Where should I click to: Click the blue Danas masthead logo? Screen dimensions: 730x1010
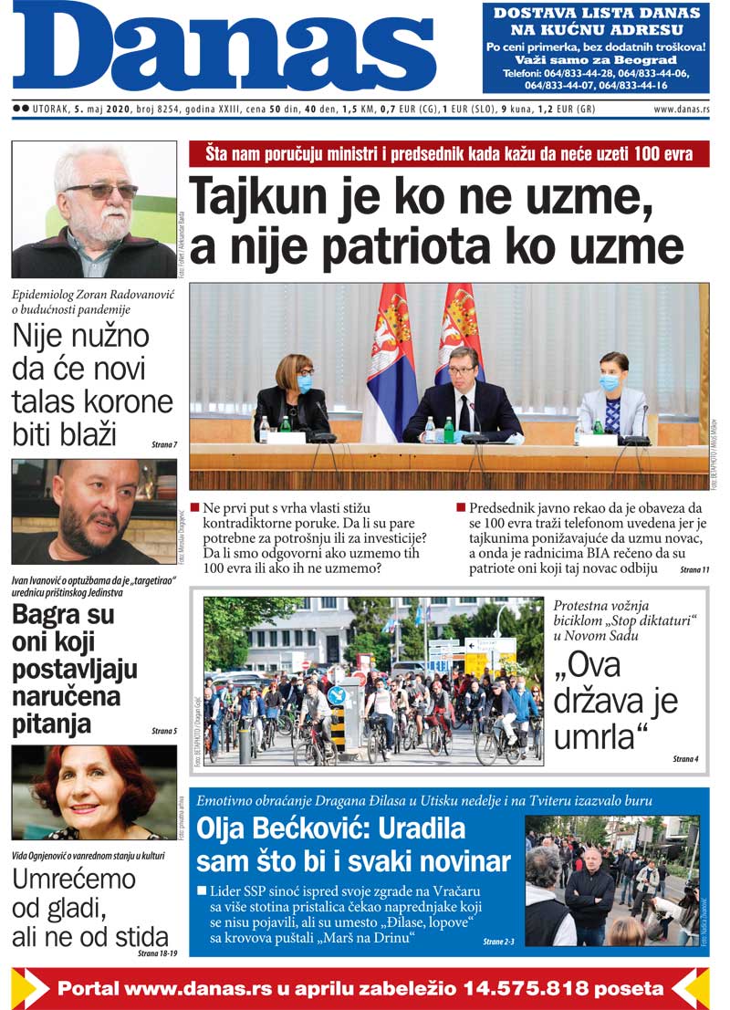point(224,47)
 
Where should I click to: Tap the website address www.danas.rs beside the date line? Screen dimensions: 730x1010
point(681,109)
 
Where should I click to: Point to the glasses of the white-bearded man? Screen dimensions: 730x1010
point(101,191)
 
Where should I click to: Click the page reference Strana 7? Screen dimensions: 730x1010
point(164,444)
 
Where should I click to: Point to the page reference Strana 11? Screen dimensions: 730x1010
point(694,569)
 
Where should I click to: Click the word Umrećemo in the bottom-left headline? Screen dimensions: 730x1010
point(74,880)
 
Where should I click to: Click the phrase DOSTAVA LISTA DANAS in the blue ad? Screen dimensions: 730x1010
point(596,13)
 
